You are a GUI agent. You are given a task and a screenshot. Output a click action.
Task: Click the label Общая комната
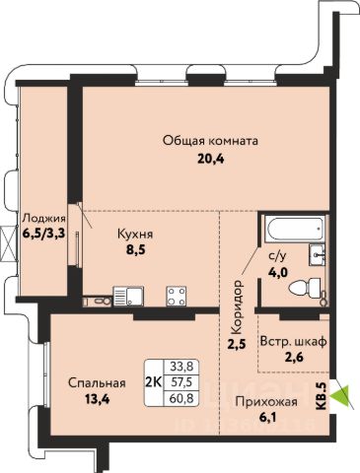click(210, 141)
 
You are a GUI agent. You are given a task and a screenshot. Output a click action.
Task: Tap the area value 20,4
click(210, 160)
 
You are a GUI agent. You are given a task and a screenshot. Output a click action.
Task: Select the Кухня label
click(135, 235)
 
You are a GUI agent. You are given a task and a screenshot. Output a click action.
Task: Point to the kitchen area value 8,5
click(135, 250)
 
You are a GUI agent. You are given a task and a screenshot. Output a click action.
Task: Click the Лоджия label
click(43, 219)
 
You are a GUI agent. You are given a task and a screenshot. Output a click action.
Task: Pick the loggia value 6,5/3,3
click(43, 234)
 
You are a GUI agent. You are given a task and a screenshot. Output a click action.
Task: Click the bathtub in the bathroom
click(295, 229)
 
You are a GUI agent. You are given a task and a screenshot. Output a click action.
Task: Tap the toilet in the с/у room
click(307, 289)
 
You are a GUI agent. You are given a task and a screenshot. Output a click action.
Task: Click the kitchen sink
click(128, 296)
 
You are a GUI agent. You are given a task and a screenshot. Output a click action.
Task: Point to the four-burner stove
click(177, 296)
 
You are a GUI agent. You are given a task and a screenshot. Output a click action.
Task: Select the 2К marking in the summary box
click(153, 381)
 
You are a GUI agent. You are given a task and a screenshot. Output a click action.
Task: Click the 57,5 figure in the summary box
click(181, 382)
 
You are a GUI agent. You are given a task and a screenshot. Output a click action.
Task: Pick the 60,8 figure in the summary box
click(181, 398)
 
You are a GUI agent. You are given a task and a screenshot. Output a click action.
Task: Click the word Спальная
click(97, 383)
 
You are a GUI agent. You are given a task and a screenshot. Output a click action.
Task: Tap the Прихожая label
click(266, 401)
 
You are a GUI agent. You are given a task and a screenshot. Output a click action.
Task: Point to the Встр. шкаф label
click(293, 342)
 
